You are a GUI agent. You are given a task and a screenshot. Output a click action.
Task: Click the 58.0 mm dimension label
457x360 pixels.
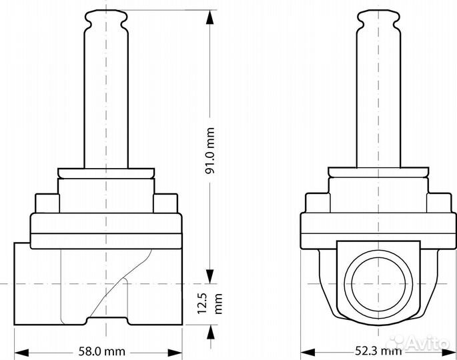click(x=101, y=351)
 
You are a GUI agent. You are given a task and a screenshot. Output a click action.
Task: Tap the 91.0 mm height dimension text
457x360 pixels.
click(x=210, y=151)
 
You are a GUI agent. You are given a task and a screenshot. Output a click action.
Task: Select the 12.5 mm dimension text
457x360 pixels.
click(x=210, y=303)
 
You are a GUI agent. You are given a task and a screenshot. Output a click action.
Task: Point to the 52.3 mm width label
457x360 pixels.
click(x=378, y=351)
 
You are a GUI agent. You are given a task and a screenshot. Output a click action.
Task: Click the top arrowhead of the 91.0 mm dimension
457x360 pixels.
click(x=209, y=17)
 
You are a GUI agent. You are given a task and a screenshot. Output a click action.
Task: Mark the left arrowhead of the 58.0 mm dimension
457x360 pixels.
click(x=21, y=353)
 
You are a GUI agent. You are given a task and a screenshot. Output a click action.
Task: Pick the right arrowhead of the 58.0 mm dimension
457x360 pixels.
click(x=175, y=353)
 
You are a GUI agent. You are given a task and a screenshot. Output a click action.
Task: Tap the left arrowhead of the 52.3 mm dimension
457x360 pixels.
click(x=308, y=352)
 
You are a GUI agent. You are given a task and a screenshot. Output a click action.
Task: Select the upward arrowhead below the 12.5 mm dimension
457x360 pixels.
click(x=210, y=332)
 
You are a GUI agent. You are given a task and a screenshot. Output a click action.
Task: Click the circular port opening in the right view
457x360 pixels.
click(x=378, y=284)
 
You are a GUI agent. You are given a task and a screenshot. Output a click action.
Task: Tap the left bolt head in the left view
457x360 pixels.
click(x=47, y=203)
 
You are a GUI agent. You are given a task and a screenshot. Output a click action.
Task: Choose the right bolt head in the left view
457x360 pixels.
click(x=165, y=203)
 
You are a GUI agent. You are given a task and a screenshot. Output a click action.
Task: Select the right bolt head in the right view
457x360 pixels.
click(x=439, y=203)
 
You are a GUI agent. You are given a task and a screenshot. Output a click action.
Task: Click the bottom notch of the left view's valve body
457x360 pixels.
click(x=107, y=321)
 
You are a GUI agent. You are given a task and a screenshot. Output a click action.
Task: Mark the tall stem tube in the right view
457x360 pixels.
click(x=378, y=99)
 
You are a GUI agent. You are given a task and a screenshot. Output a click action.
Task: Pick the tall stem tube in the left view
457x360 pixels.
click(x=106, y=99)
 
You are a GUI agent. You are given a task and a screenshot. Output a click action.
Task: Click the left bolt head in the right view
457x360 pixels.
click(x=318, y=203)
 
